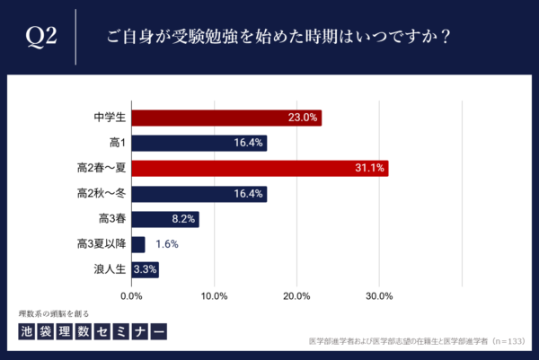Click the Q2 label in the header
[41, 37]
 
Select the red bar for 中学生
[226, 118]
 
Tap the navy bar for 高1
[199, 143]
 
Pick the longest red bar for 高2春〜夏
[260, 168]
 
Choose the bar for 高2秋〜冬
[199, 193]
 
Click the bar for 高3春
[165, 219]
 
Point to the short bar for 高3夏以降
[138, 244]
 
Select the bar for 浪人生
[146, 269]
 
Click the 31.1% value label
[369, 168]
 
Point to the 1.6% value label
[168, 244]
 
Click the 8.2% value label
[183, 219]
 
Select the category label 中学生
[109, 118]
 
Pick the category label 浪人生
[109, 269]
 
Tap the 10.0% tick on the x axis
[214, 295]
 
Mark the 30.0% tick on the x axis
[379, 295]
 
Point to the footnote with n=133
[416, 342]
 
